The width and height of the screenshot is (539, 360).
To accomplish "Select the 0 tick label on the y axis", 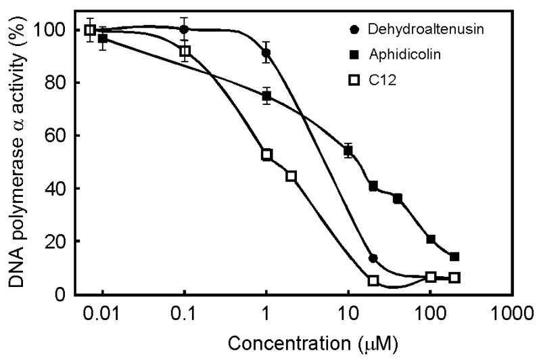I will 60,294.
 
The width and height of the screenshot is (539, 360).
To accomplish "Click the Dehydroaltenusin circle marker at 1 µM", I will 266,53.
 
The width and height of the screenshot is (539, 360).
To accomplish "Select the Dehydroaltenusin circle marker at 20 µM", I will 373,258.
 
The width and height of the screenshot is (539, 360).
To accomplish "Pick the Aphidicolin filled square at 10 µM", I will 348,151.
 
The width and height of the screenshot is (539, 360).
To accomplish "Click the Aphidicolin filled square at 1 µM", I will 266,96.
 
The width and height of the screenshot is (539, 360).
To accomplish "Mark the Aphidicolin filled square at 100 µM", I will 431,239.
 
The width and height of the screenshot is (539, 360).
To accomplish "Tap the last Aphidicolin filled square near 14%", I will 454,256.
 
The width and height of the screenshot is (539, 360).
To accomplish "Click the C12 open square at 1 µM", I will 266,154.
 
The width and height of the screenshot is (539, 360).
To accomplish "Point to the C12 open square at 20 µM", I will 373,280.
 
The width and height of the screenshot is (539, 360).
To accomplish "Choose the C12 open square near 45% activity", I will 291,176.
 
